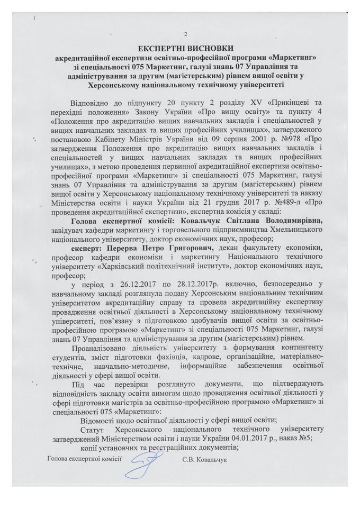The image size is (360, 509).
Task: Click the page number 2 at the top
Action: click(185, 34)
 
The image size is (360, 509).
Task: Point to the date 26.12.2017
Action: click(128, 285)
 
